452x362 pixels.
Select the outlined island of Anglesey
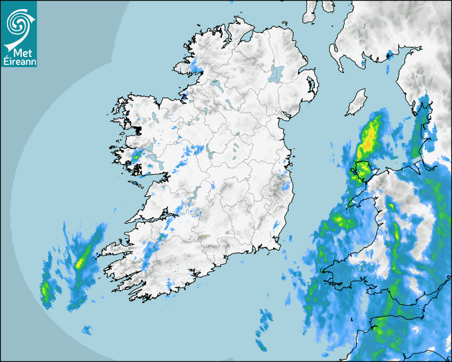click(x=362, y=170)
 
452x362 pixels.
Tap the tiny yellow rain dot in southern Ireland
click(x=202, y=236)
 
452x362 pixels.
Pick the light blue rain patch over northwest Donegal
click(x=195, y=67)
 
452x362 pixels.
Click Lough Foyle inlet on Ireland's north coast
click(x=246, y=38)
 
